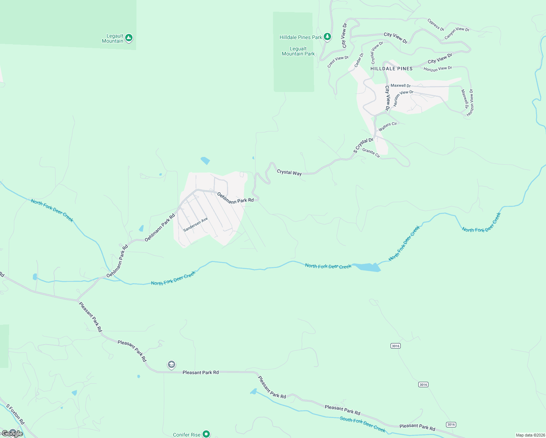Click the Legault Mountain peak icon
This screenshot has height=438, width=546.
coord(129,38)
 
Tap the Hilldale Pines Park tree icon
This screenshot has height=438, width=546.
coord(327,37)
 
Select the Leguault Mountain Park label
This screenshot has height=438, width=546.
coord(298,51)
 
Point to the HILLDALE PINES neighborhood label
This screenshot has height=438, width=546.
coord(392,69)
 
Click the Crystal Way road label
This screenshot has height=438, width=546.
coord(289,172)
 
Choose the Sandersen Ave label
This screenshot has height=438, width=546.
coord(196,224)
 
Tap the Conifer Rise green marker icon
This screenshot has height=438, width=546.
coord(206,434)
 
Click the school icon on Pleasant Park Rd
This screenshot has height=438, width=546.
coord(171,365)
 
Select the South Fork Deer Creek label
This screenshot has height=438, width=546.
coord(362,424)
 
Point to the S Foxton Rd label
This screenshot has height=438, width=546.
coord(15,414)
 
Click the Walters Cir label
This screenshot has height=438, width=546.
coord(388,127)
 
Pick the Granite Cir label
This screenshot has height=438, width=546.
coord(371,153)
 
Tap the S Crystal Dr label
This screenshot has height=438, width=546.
coord(363,145)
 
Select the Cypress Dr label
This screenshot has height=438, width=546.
coord(436,25)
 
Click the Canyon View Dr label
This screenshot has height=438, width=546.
coord(457,33)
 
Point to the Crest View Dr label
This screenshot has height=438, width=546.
coord(338,61)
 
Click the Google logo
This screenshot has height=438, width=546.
coord(12,434)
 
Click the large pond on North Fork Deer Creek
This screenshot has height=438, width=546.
coord(368,267)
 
